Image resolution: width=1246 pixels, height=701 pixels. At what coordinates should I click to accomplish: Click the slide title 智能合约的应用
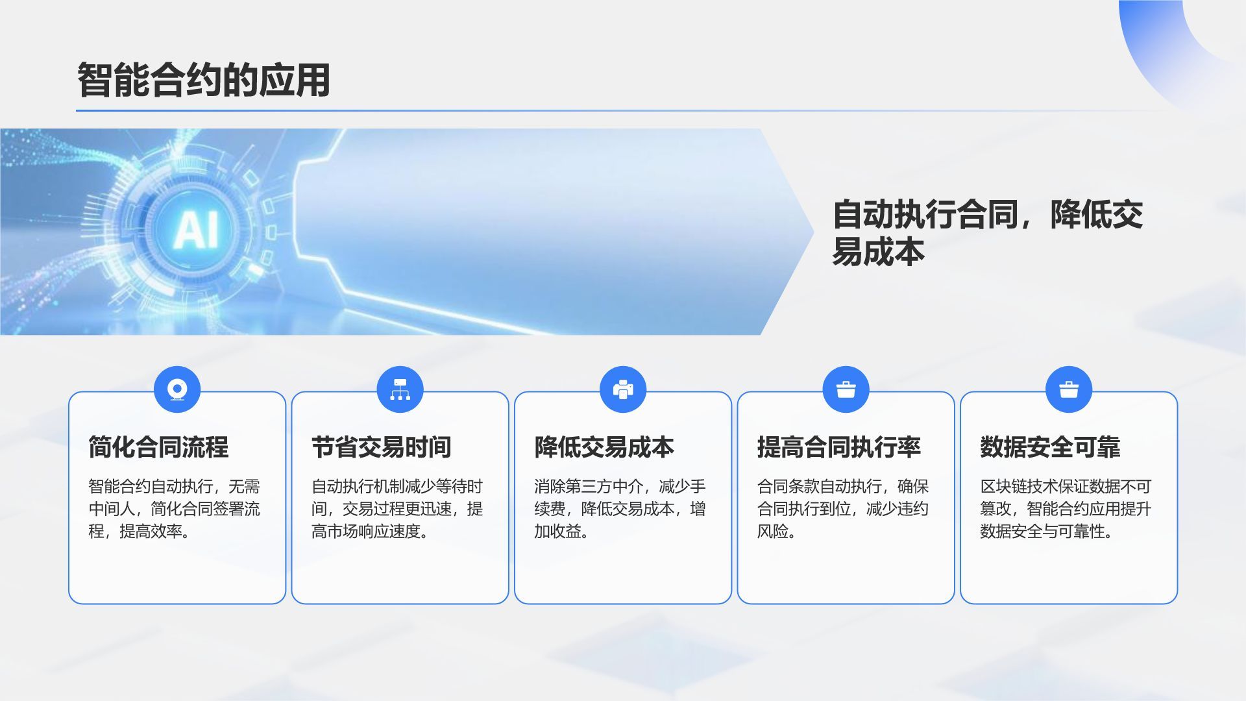(x=204, y=80)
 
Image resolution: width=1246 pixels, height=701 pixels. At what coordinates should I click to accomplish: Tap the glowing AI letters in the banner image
(x=196, y=228)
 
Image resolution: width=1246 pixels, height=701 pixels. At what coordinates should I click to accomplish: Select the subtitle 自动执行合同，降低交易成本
(x=986, y=232)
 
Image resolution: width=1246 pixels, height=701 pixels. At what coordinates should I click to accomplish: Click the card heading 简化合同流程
(x=158, y=447)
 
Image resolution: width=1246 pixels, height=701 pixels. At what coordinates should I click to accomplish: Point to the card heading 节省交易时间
(x=381, y=447)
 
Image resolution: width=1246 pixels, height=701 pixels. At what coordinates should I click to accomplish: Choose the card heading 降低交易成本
(x=604, y=447)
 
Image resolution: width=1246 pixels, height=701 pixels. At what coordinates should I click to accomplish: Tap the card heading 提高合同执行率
(x=838, y=447)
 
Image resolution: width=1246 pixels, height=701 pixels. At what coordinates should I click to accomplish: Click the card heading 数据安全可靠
(x=1050, y=447)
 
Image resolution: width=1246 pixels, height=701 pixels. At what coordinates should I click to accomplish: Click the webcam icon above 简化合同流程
(x=177, y=389)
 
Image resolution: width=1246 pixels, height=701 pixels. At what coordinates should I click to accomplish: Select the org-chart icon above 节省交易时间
(x=400, y=389)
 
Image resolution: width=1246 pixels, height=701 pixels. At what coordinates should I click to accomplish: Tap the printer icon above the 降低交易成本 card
(x=623, y=389)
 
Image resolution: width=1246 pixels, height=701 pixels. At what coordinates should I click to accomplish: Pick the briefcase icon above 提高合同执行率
(x=846, y=389)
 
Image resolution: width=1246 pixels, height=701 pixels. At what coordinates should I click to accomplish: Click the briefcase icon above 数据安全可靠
(x=1069, y=389)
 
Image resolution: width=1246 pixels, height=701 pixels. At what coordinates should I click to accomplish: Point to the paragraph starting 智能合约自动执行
(x=174, y=509)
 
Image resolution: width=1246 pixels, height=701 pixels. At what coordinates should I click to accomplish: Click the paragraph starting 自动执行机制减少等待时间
(x=397, y=509)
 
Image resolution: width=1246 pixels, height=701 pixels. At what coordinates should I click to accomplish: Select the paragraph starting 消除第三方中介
(x=620, y=509)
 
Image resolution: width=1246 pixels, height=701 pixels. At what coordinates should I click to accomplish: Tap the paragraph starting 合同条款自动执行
(x=842, y=509)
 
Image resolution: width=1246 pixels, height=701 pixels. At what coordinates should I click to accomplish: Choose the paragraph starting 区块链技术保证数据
(x=1066, y=509)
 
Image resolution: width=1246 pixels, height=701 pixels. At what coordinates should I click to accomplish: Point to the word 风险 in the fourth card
(x=772, y=532)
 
